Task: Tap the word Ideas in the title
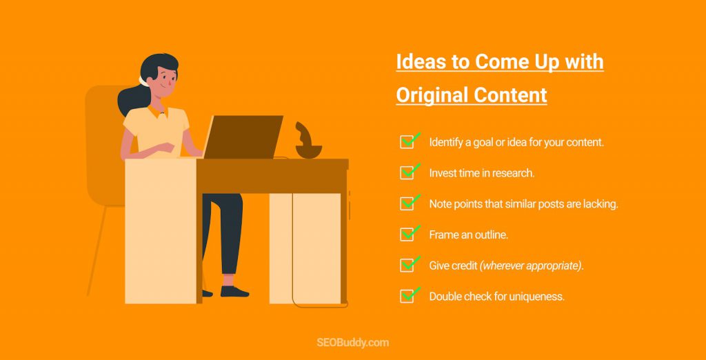pyautogui.click(x=418, y=62)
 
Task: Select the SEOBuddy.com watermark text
pyautogui.click(x=352, y=343)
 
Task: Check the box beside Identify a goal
pyautogui.click(x=407, y=142)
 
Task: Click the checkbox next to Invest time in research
pyautogui.click(x=407, y=172)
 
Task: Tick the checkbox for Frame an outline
pyautogui.click(x=407, y=234)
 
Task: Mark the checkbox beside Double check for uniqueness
pyautogui.click(x=407, y=296)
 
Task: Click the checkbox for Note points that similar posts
pyautogui.click(x=407, y=203)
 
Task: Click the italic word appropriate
pyautogui.click(x=556, y=266)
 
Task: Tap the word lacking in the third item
pyautogui.click(x=601, y=204)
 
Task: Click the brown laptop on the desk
pyautogui.click(x=243, y=137)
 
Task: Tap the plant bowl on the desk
pyautogui.click(x=308, y=151)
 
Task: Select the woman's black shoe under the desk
pyautogui.click(x=234, y=292)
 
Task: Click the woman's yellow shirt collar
pyautogui.click(x=157, y=112)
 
